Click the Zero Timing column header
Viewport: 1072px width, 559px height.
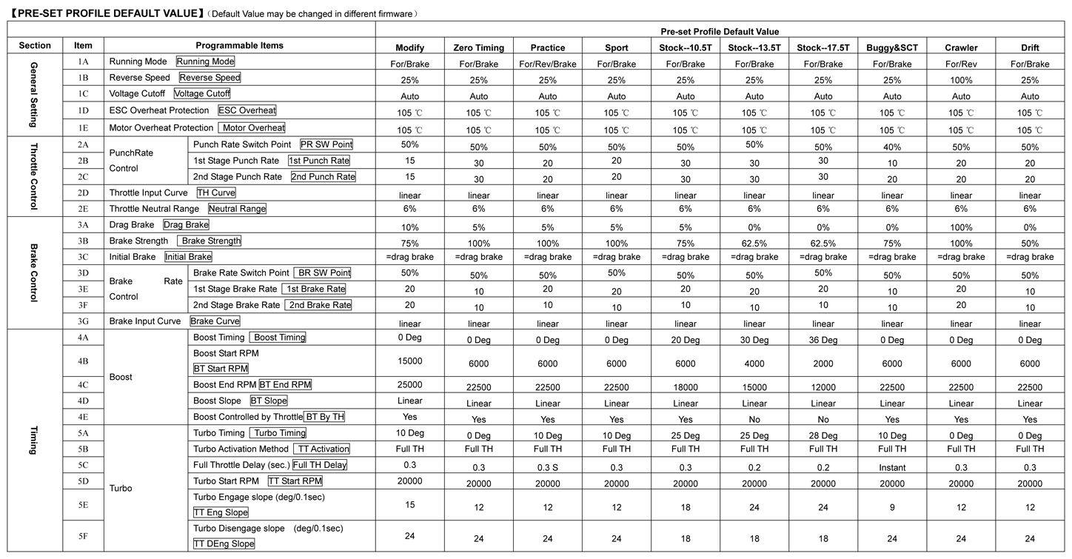[x=478, y=47]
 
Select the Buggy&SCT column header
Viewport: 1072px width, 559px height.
[x=892, y=47]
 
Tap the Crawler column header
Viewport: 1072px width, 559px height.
[x=961, y=47]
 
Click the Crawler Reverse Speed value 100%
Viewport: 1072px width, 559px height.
[x=961, y=80]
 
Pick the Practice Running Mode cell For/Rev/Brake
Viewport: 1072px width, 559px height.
[x=548, y=64]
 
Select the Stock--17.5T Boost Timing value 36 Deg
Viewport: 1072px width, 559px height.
[x=823, y=340]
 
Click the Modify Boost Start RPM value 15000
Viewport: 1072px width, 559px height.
[x=409, y=359]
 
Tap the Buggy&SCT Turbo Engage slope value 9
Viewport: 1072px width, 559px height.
[x=892, y=508]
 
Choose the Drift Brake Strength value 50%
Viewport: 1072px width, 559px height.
[x=1030, y=244]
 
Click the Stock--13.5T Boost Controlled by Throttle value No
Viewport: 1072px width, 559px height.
[x=754, y=419]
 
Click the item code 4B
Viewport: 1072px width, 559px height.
[x=83, y=361]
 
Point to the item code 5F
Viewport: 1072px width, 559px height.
[x=83, y=536]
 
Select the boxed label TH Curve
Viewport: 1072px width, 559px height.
[x=216, y=193]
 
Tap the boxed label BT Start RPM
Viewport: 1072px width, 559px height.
[x=221, y=368]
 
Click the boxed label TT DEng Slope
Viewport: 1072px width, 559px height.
[x=224, y=543]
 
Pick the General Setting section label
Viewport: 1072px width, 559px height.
[x=35, y=95]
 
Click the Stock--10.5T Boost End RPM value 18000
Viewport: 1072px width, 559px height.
[x=686, y=387]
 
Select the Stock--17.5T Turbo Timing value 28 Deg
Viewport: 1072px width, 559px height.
[x=823, y=436]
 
